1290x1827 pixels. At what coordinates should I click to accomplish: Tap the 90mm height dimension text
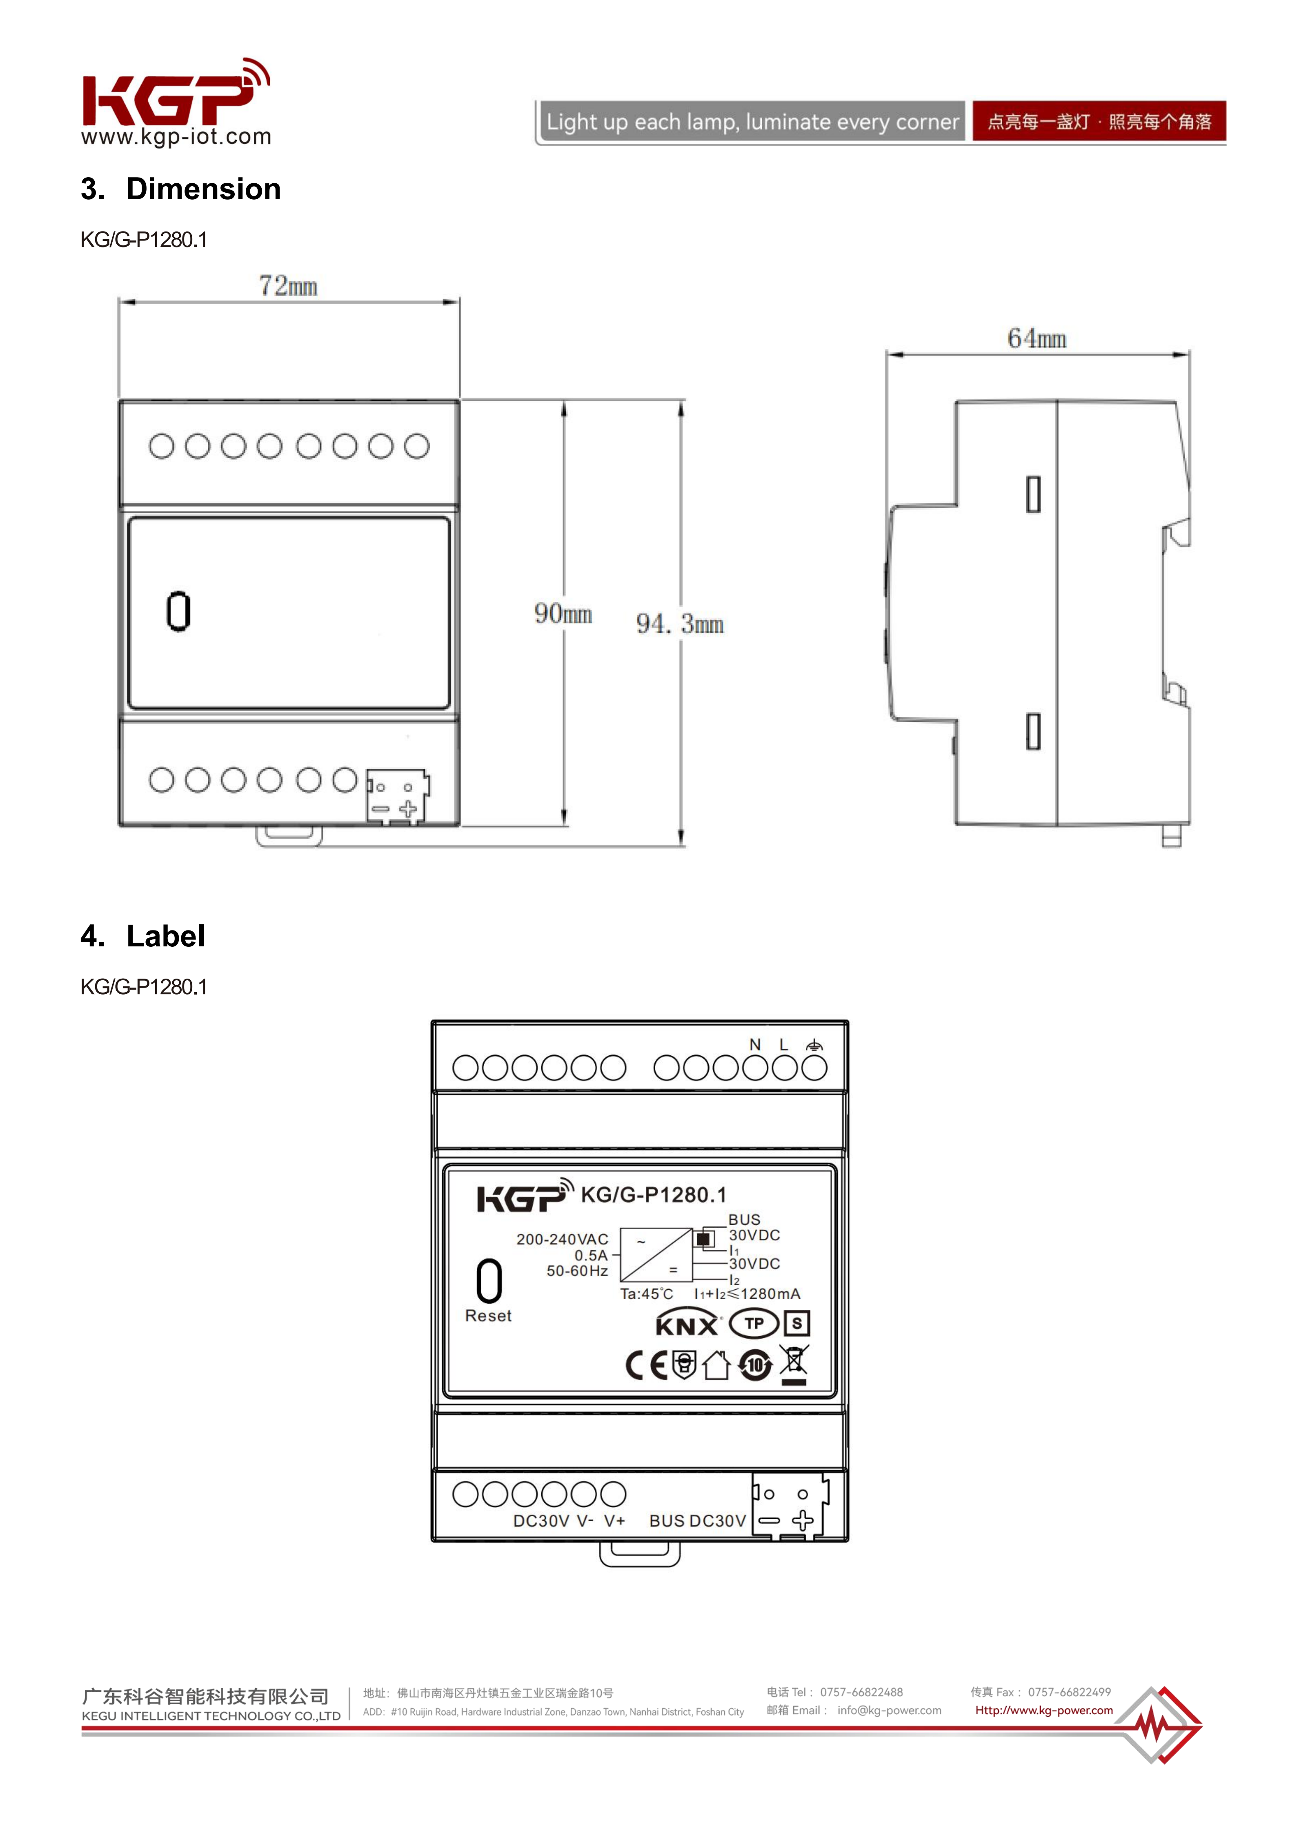click(563, 614)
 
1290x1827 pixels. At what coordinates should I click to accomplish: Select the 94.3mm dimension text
click(680, 624)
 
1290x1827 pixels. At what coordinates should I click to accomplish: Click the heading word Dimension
click(204, 189)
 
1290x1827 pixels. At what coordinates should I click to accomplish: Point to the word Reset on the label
click(488, 1316)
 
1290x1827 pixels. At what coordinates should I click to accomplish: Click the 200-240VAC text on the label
click(562, 1239)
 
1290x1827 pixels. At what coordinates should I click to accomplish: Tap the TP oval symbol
click(754, 1323)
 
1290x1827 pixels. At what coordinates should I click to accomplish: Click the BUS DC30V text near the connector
click(697, 1521)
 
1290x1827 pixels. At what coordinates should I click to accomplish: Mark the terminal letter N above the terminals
click(755, 1045)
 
